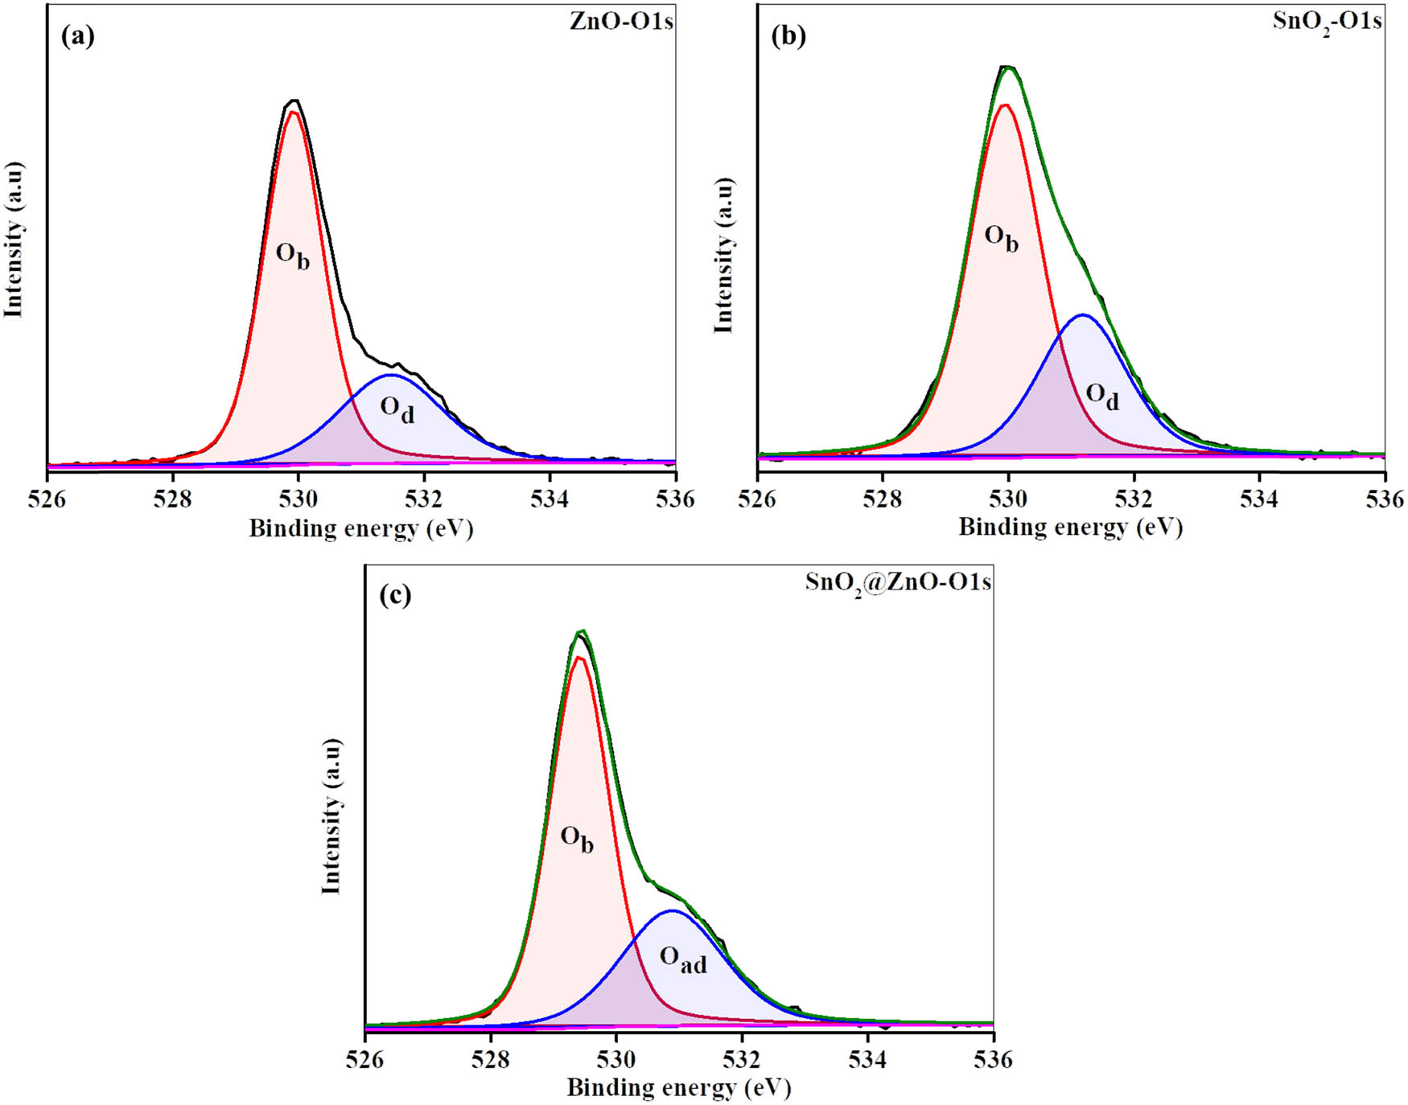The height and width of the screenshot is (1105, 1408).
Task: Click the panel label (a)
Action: click(x=78, y=37)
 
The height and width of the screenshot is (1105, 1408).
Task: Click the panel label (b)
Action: click(x=788, y=36)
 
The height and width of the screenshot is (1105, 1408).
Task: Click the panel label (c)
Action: click(x=395, y=595)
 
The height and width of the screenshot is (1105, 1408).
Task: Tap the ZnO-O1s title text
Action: click(x=620, y=21)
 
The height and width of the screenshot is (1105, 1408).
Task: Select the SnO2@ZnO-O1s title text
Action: click(x=898, y=581)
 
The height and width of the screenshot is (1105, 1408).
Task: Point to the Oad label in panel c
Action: click(x=683, y=959)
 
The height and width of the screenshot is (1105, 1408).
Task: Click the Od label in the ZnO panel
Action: click(x=397, y=410)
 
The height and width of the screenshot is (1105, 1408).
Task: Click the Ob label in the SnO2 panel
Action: click(x=1002, y=238)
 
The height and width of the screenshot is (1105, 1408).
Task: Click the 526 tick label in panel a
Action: click(x=47, y=499)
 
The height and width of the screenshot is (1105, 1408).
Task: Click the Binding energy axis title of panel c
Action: click(x=679, y=1088)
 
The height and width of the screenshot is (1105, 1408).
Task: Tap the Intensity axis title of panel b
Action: click(x=724, y=255)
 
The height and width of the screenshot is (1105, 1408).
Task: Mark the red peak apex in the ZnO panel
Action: click(x=294, y=112)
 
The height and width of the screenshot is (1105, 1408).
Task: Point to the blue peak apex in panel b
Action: click(x=1083, y=315)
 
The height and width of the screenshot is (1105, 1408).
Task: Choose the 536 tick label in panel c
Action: click(x=994, y=1059)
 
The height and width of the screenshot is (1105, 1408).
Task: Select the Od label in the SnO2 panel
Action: click(x=1102, y=396)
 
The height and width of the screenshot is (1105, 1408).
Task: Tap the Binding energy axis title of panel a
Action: click(x=360, y=528)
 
